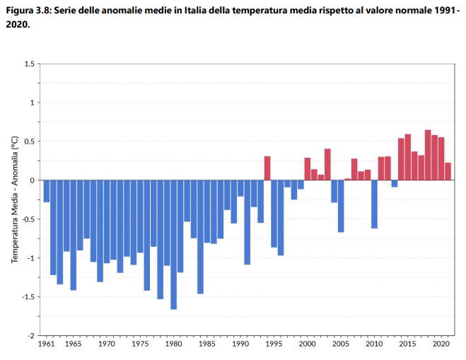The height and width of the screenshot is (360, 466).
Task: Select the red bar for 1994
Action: (267, 168)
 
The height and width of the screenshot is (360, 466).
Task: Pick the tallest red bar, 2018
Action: (428, 155)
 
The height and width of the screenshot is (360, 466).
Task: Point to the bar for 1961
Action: (47, 191)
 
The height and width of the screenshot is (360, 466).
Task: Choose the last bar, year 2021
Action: (448, 171)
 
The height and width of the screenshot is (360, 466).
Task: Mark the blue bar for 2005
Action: (341, 206)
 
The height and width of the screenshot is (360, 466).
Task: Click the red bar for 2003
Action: (327, 164)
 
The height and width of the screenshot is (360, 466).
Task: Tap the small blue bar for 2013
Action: (395, 183)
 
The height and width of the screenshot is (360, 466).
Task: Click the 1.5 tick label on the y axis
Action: (30, 64)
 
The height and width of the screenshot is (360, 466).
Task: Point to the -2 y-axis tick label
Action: (31, 335)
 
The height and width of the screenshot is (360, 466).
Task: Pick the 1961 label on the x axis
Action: (47, 344)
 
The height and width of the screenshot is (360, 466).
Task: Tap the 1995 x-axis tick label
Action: (274, 344)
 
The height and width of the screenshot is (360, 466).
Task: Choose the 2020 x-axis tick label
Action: (441, 344)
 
